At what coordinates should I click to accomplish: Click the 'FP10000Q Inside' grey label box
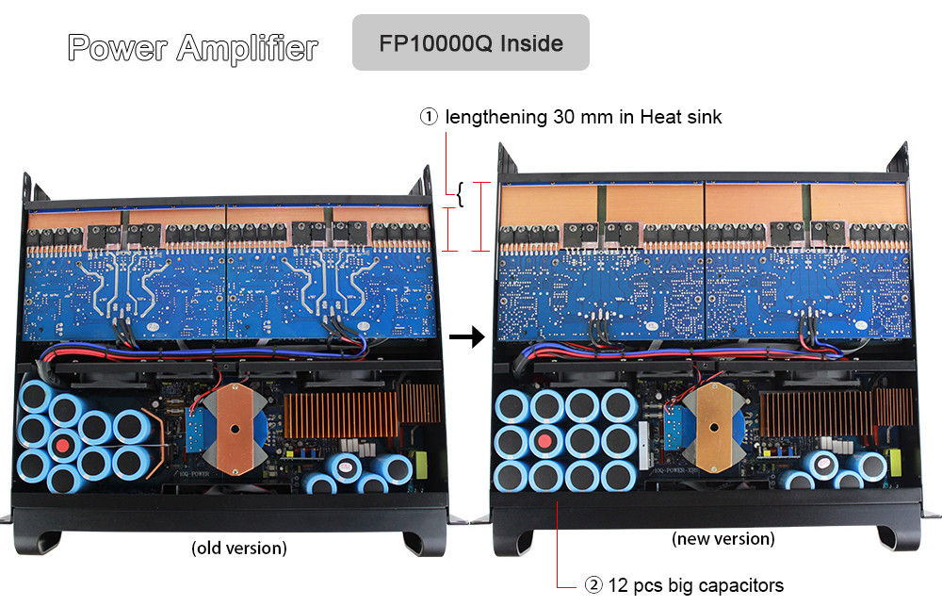(470, 42)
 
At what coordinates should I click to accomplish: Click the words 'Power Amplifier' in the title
(193, 47)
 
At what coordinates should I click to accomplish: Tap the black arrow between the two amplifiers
(467, 336)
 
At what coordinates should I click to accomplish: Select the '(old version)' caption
(239, 548)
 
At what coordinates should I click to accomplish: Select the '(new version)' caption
(723, 538)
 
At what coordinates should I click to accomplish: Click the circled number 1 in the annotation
(429, 117)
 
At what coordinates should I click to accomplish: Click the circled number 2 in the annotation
(593, 585)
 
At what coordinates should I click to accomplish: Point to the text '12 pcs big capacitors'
(696, 585)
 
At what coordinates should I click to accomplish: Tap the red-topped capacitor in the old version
(62, 446)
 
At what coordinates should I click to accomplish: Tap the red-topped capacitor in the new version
(544, 442)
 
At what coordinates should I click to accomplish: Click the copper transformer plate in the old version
(235, 429)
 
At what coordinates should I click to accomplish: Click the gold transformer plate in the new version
(714, 428)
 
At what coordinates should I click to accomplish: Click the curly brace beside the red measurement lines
(461, 194)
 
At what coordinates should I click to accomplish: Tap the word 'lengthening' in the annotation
(496, 117)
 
